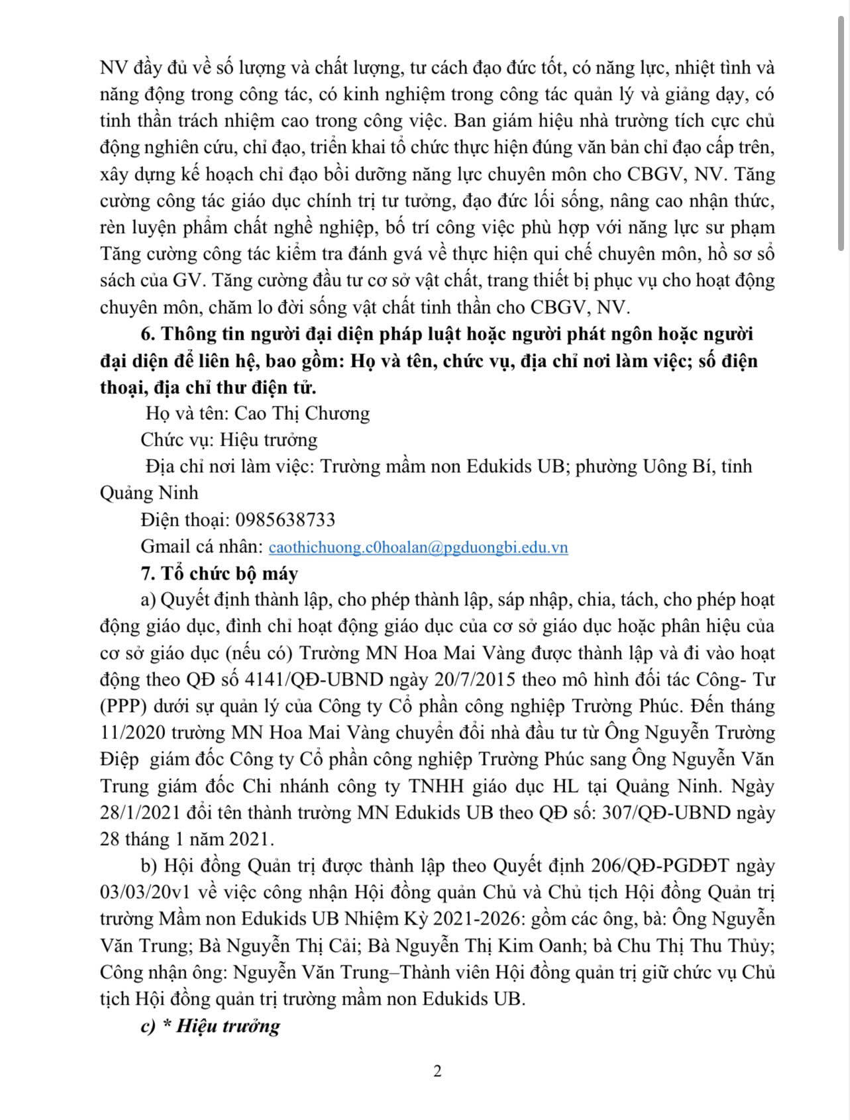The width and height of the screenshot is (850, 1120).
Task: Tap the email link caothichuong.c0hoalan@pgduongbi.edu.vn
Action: (x=418, y=547)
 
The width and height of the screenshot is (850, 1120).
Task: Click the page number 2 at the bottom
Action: (x=437, y=1071)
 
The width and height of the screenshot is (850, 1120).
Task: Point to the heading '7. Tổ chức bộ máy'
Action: (x=219, y=573)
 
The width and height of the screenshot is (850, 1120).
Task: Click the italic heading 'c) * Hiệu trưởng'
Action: (x=210, y=1026)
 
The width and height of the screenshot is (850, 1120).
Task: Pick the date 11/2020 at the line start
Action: (x=131, y=733)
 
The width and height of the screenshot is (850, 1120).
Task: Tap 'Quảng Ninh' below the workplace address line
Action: (x=149, y=493)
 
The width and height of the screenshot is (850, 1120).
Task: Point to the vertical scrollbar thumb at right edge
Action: (x=841, y=132)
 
